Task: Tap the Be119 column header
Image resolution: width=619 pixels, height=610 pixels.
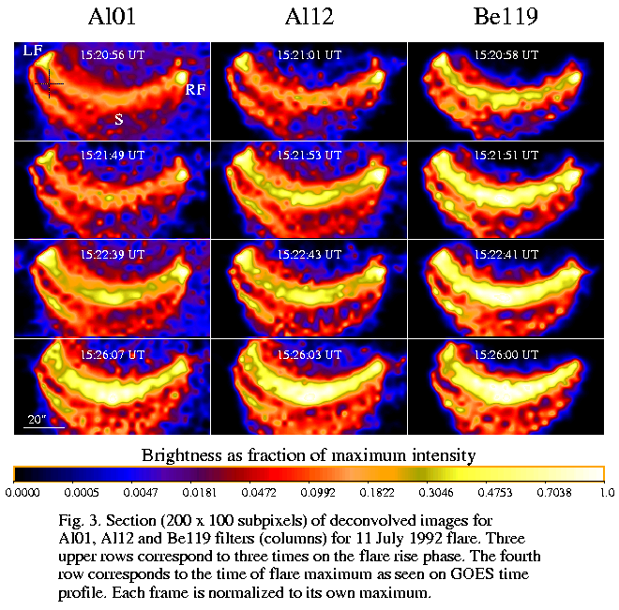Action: pyautogui.click(x=503, y=17)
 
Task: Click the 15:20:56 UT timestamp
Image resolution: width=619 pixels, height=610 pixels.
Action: pyautogui.click(x=113, y=55)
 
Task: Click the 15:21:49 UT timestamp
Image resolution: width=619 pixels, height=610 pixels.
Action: pyautogui.click(x=113, y=155)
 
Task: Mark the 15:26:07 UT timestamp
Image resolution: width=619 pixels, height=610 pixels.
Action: pyautogui.click(x=113, y=354)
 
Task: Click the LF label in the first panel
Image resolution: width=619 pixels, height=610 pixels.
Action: pyautogui.click(x=33, y=52)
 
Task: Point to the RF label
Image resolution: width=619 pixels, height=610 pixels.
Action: pyautogui.click(x=194, y=90)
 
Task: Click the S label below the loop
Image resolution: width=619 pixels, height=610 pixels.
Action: pyautogui.click(x=118, y=119)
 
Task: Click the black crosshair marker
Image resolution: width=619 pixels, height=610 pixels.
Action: pyautogui.click(x=49, y=85)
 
